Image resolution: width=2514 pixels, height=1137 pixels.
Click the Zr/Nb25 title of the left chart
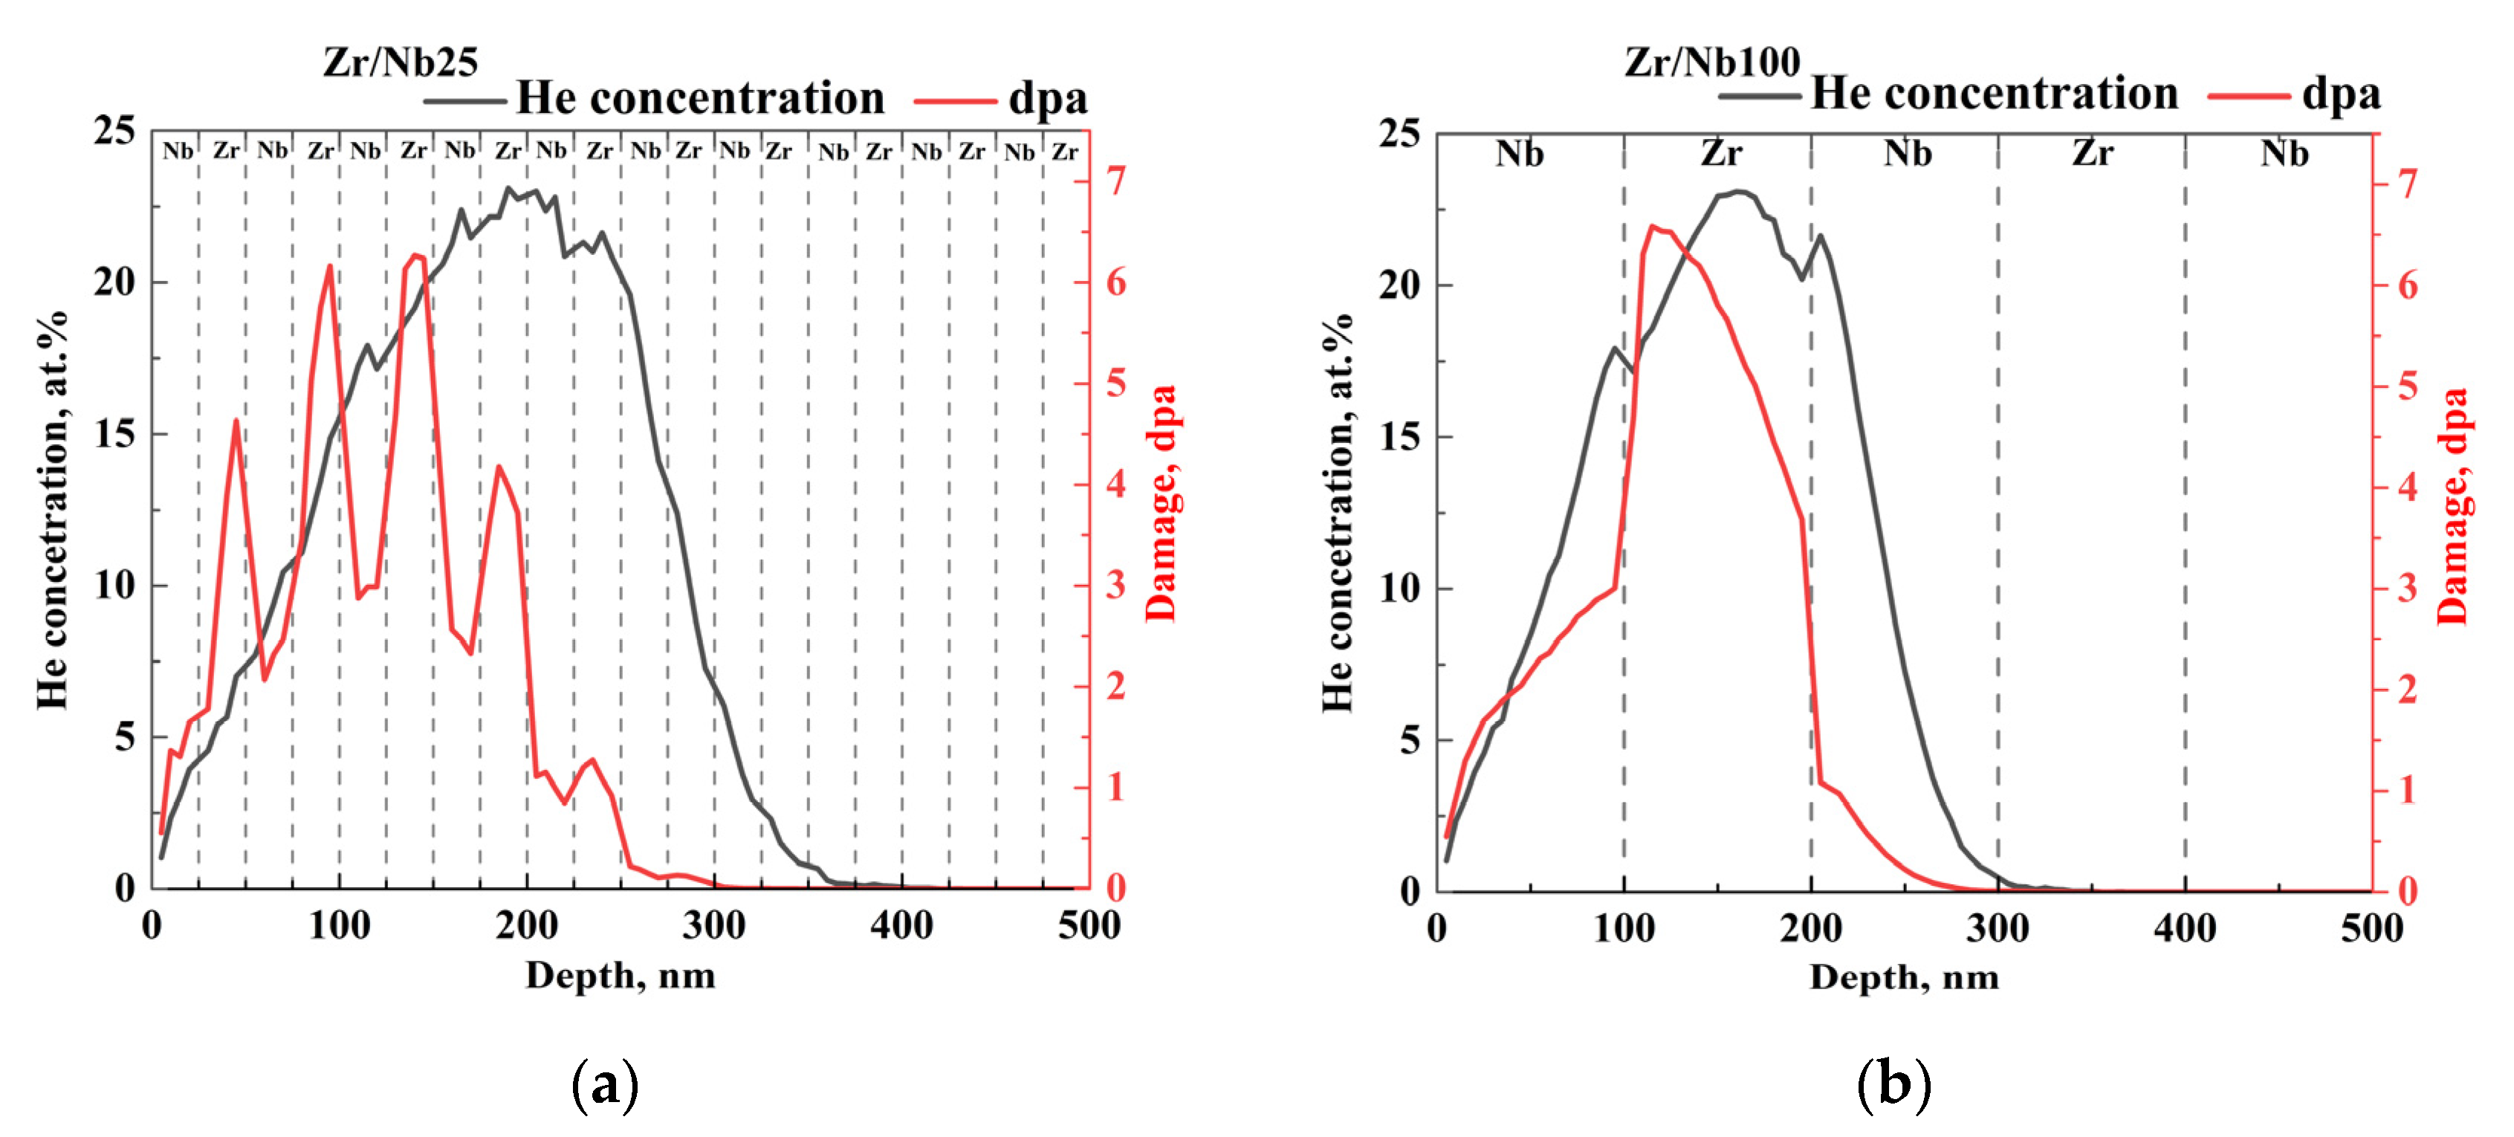400,62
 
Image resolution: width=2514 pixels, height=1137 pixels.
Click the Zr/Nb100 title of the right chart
1711,62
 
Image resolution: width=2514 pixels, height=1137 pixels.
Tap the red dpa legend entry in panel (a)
1047,99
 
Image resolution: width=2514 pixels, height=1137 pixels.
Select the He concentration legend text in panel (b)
1994,94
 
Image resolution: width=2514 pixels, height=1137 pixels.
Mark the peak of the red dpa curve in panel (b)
1652,227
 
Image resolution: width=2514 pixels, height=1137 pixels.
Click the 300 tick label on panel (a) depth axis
713,925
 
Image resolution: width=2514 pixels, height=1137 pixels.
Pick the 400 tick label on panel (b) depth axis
2184,928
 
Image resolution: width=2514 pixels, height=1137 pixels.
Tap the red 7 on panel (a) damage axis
1115,181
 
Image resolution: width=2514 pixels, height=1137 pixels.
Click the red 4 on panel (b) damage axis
2407,486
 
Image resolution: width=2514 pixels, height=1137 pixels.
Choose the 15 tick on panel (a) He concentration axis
114,433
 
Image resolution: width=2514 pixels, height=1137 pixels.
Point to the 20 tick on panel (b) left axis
1401,285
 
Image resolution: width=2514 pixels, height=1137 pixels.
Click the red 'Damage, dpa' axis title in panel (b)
2452,505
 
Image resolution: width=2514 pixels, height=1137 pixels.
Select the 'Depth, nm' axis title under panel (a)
620,975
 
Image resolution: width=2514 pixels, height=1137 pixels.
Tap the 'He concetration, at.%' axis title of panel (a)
53,510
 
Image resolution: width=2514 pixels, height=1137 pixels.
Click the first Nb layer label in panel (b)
1520,155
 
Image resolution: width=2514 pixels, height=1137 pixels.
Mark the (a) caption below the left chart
605,1084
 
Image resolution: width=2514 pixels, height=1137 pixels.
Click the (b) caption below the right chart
1893,1084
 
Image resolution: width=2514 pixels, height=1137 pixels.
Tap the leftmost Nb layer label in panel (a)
178,152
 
